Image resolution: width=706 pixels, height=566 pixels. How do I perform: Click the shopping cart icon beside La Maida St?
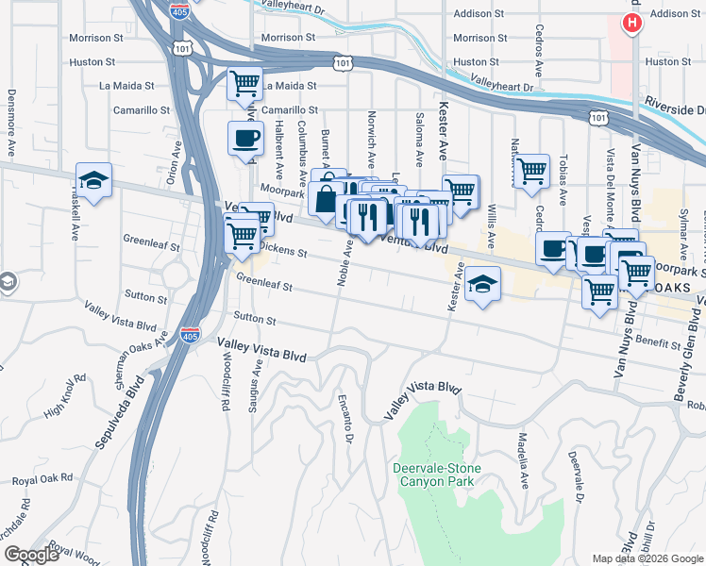244,84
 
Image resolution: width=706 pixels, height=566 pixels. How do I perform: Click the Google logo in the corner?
31,555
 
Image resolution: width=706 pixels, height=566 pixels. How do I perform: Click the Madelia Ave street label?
523,460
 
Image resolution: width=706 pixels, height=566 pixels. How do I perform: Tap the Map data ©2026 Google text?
647,558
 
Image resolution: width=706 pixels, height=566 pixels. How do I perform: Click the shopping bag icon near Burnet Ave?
325,200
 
